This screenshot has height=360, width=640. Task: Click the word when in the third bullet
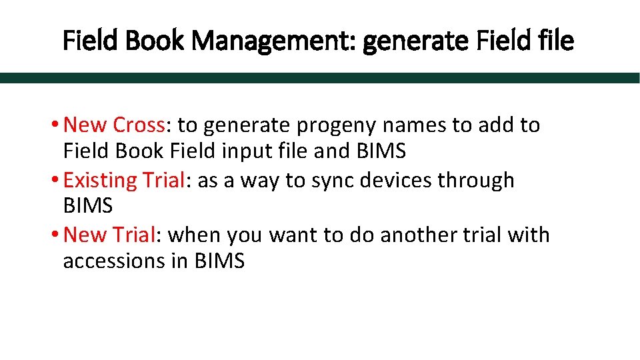[x=195, y=235]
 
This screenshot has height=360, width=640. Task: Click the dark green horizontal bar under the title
[x=320, y=77]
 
